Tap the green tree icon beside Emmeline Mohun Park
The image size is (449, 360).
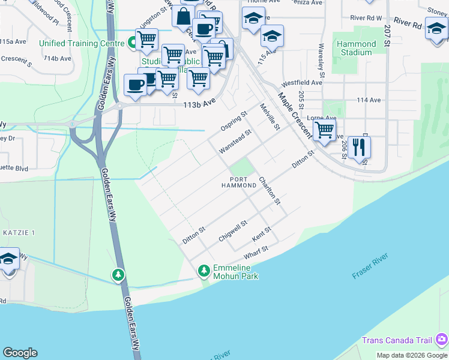click(204, 271)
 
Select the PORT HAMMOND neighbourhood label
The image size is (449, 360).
click(238, 182)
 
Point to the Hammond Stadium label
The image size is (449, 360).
click(356, 48)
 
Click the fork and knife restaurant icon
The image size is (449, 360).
click(359, 146)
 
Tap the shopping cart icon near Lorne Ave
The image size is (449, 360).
click(324, 129)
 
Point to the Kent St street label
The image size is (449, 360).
click(262, 234)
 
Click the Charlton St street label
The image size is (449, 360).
click(270, 190)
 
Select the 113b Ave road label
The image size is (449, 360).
click(199, 103)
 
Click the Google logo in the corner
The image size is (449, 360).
click(20, 353)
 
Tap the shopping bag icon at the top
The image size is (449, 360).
click(183, 16)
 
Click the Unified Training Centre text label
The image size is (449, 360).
click(82, 43)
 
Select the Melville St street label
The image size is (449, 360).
click(270, 117)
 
